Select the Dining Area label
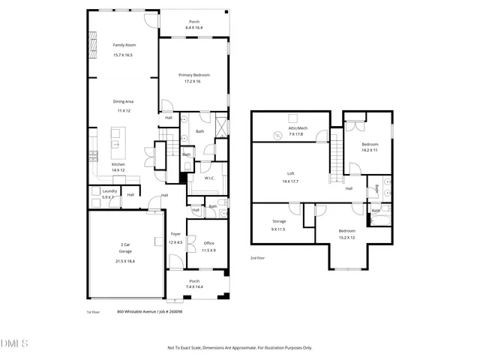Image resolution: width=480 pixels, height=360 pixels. click(x=123, y=100)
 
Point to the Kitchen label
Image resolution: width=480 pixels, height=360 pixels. click(x=118, y=164)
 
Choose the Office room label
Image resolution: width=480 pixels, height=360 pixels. click(x=209, y=243)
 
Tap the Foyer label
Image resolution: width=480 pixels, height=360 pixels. click(x=175, y=234)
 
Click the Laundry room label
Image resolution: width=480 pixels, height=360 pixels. click(x=108, y=191)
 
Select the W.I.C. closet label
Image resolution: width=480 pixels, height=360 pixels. click(x=210, y=178)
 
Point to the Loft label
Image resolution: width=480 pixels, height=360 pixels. click(x=290, y=173)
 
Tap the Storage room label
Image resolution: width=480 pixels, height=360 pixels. click(x=279, y=221)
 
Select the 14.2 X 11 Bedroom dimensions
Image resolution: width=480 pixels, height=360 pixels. click(x=370, y=151)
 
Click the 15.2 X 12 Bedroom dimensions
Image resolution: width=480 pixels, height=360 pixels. click(x=346, y=238)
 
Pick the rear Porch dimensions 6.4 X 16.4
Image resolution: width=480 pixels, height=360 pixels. click(x=194, y=28)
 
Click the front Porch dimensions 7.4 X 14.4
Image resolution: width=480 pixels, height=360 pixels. click(x=194, y=286)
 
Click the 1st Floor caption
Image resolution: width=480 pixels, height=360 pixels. click(x=94, y=312)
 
